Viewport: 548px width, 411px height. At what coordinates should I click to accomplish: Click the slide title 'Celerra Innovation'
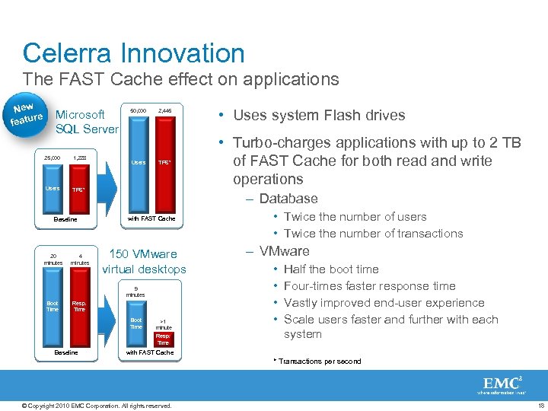tap(134, 53)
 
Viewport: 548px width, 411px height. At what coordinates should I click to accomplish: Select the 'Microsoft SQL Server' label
tap(87, 122)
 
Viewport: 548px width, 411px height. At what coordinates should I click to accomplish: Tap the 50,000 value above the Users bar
tap(138, 110)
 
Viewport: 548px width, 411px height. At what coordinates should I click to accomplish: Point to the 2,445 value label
tap(164, 110)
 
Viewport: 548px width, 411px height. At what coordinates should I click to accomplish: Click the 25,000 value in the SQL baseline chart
tap(51, 158)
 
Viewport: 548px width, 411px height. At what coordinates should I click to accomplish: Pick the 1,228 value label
tap(79, 158)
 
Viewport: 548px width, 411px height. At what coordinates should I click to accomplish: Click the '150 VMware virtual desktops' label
tap(144, 261)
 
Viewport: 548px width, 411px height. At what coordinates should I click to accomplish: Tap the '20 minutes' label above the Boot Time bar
tap(53, 259)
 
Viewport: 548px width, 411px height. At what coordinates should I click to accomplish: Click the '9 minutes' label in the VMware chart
tap(135, 292)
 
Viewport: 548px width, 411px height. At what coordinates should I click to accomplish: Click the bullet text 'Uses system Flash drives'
tap(319, 116)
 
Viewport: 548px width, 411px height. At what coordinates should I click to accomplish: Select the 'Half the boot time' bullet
tap(331, 269)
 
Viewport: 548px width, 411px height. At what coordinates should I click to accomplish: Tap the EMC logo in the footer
tap(503, 385)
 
